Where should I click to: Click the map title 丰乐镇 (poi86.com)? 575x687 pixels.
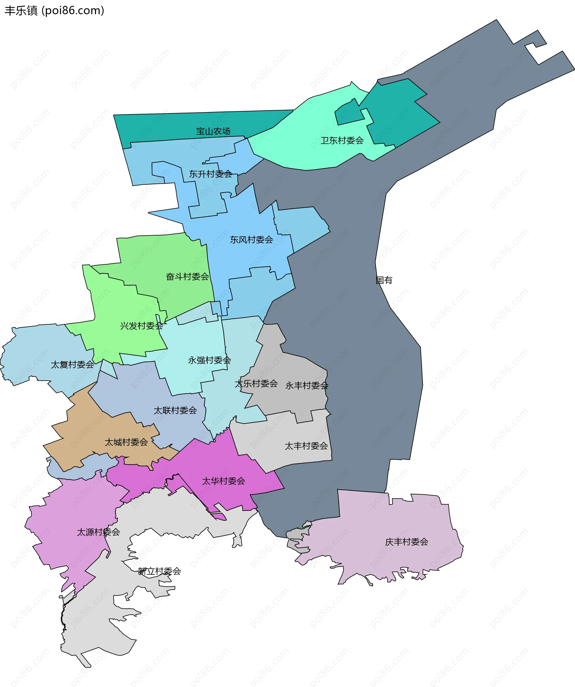click(x=54, y=10)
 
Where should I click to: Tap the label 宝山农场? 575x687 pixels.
click(x=213, y=131)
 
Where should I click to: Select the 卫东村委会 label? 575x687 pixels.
click(x=342, y=140)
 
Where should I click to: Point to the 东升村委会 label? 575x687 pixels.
click(x=210, y=174)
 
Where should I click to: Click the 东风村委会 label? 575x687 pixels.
click(x=251, y=240)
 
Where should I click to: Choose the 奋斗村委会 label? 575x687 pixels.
click(x=187, y=276)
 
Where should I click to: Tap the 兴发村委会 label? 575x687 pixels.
click(x=141, y=326)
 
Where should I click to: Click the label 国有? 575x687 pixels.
click(x=384, y=280)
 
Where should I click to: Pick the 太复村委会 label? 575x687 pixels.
click(x=72, y=364)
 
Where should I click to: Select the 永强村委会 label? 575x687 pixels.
click(x=209, y=360)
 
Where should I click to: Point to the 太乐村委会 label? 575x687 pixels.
click(x=256, y=383)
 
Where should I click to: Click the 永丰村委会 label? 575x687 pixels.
click(x=306, y=386)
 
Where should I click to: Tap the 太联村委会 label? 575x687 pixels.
click(x=175, y=410)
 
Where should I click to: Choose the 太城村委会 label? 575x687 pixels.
click(x=126, y=442)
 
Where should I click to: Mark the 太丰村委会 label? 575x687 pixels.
click(x=306, y=446)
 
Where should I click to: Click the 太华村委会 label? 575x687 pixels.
click(x=223, y=481)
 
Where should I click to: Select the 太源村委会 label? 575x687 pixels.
click(x=98, y=532)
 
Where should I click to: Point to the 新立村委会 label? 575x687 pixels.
click(x=159, y=571)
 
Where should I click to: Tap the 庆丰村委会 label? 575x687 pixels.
click(x=407, y=542)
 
